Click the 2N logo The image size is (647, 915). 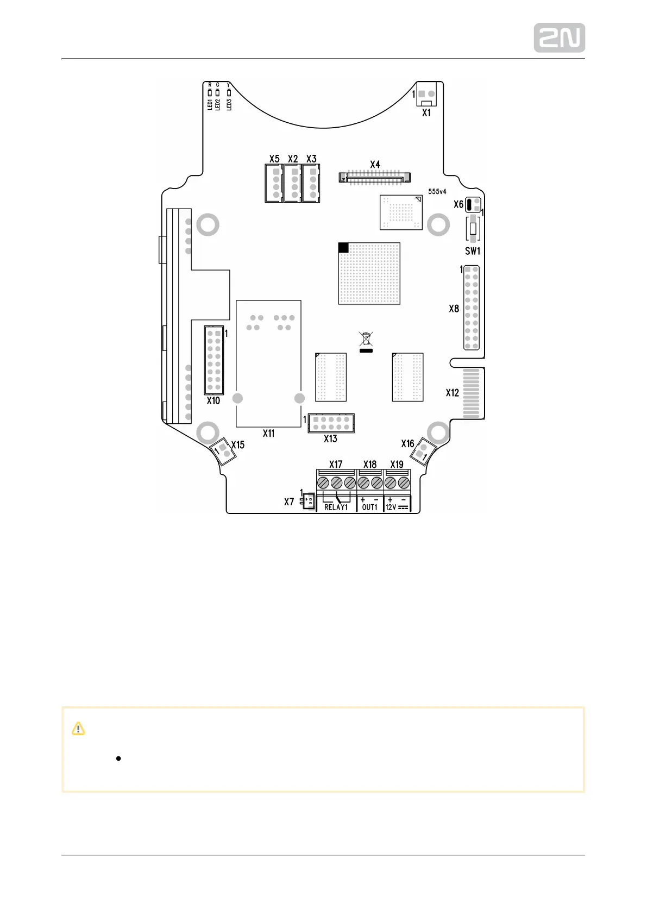point(559,38)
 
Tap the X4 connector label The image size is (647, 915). point(375,164)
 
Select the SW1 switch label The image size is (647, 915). point(473,251)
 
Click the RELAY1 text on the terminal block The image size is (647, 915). point(336,507)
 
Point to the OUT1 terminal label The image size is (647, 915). point(369,507)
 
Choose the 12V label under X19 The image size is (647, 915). point(391,507)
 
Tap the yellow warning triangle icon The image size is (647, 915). point(78,729)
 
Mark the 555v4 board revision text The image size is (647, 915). point(437,192)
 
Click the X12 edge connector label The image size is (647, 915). point(452,392)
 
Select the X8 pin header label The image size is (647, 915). point(454,309)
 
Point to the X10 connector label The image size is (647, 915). point(213,400)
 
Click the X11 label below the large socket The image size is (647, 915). point(268,434)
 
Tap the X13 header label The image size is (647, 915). point(330,438)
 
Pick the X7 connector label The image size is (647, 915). point(289,502)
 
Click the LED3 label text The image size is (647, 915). point(229,104)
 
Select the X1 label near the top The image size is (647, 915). point(426,112)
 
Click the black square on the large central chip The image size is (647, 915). point(343,248)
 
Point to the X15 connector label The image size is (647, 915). point(238,444)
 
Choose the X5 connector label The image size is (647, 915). point(274,159)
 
